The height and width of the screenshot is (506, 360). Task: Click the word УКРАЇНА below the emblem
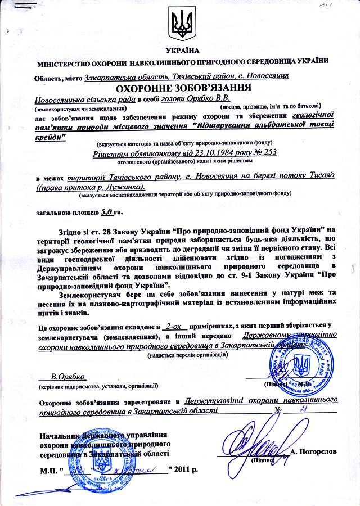(180, 51)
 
